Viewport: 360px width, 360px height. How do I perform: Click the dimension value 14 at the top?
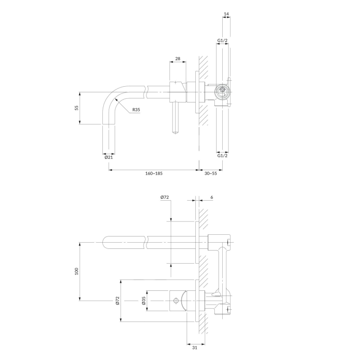pos(226,14)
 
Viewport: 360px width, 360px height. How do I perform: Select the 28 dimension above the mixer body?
pos(178,59)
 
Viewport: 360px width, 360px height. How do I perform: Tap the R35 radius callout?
pos(136,110)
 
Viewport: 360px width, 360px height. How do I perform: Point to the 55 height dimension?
pos(76,108)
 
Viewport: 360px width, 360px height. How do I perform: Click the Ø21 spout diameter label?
pos(109,157)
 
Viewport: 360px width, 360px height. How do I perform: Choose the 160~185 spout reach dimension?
pos(153,173)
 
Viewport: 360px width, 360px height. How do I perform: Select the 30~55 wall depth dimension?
pos(211,173)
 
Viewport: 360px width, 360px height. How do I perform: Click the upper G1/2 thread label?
pos(222,41)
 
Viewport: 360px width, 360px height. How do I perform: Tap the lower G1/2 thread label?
pos(222,156)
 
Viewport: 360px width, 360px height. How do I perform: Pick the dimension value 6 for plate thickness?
pos(212,197)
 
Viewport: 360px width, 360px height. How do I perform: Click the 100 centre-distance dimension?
pos(76,271)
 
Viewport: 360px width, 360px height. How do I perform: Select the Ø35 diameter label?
pos(144,300)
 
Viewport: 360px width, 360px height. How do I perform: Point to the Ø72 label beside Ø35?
pos(118,300)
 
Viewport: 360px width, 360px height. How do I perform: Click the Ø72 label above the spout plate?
pos(164,197)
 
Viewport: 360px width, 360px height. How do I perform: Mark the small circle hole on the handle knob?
pos(175,300)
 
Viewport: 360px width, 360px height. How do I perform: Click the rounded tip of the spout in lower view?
pos(105,242)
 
